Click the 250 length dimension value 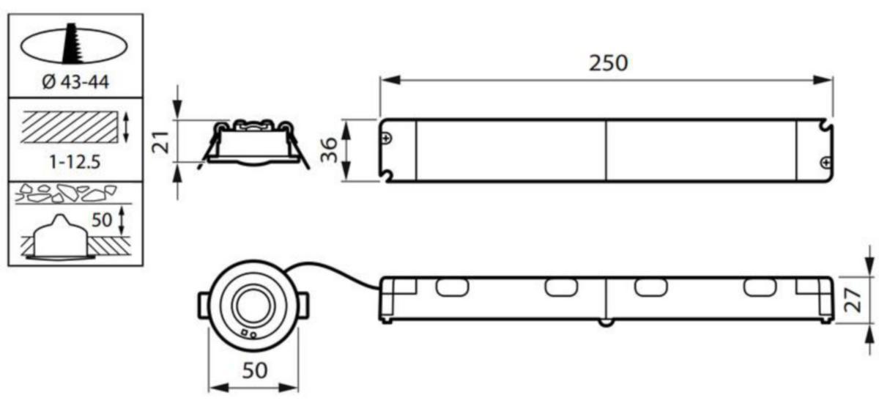[x=608, y=63]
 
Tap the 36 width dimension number [x=329, y=150]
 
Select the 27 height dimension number [x=853, y=301]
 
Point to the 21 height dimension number [x=161, y=142]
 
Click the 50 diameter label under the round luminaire [x=255, y=370]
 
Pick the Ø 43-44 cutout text [x=75, y=82]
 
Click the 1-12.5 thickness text [x=75, y=161]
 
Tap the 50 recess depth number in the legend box [x=102, y=220]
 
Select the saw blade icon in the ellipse [x=72, y=43]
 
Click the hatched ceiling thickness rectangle [x=70, y=128]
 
